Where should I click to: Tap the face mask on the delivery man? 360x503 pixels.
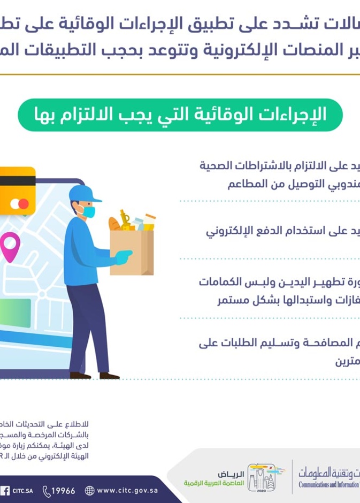pyautogui.click(x=88, y=212)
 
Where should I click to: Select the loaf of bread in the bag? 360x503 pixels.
pyautogui.click(x=114, y=224)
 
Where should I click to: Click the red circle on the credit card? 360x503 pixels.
pyautogui.click(x=16, y=204)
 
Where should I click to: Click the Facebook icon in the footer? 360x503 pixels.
pyautogui.click(x=5, y=490)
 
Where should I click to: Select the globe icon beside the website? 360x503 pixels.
pyautogui.click(x=89, y=490)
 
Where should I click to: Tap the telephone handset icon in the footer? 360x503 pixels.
pyautogui.click(x=47, y=490)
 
